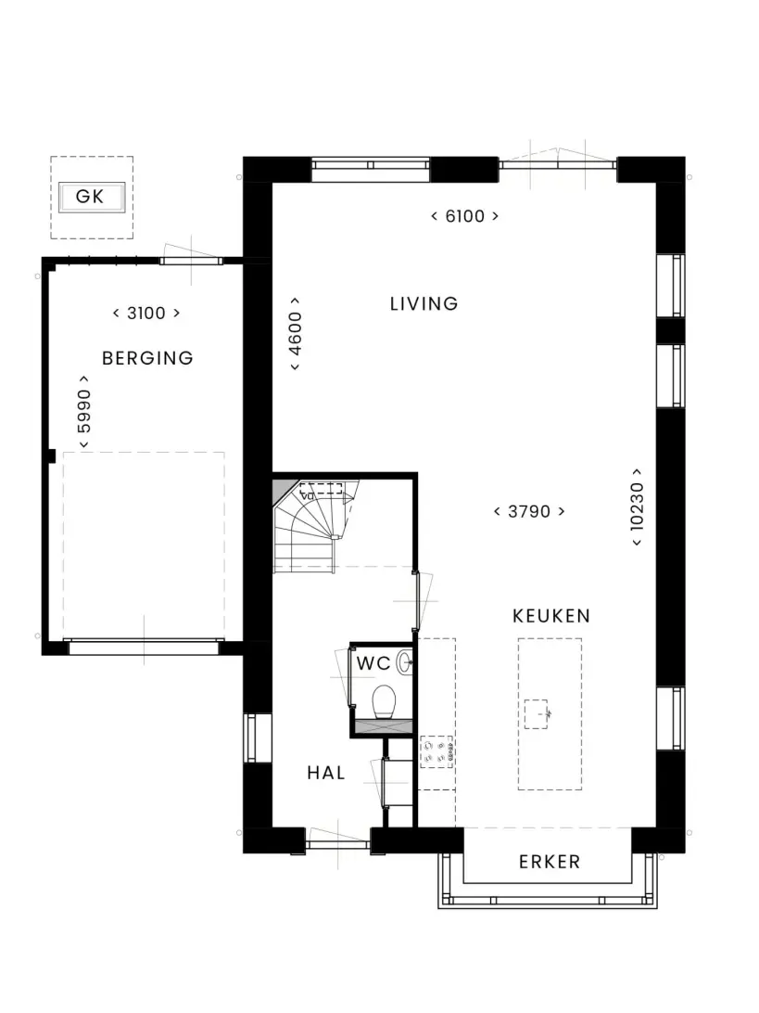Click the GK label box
click(92, 197)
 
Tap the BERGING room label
click(147, 358)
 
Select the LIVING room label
click(424, 303)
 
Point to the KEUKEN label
click(551, 616)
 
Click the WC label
click(373, 663)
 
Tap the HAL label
click(326, 773)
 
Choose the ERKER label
click(550, 862)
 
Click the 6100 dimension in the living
click(464, 216)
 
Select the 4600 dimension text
click(295, 333)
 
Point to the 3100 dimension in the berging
click(146, 314)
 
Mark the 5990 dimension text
click(84, 411)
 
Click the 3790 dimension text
click(529, 512)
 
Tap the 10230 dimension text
click(637, 507)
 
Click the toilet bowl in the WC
click(384, 701)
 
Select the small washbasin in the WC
click(405, 662)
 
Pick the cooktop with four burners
click(436, 752)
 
